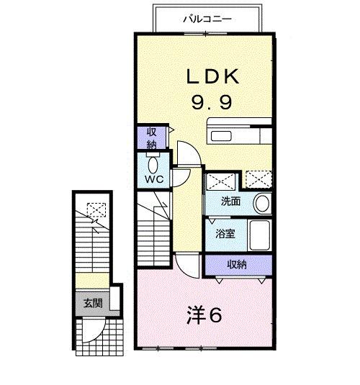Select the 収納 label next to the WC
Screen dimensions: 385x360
click(x=152, y=137)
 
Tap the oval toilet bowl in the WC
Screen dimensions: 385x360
click(x=151, y=163)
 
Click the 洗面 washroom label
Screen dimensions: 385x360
click(x=230, y=202)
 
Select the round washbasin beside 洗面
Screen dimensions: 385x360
click(x=262, y=202)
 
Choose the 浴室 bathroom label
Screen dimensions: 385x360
click(x=225, y=234)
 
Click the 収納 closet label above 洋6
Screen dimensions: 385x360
click(x=237, y=264)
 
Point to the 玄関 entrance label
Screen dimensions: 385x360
click(x=91, y=303)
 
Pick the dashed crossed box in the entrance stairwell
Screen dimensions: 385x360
click(x=94, y=210)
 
